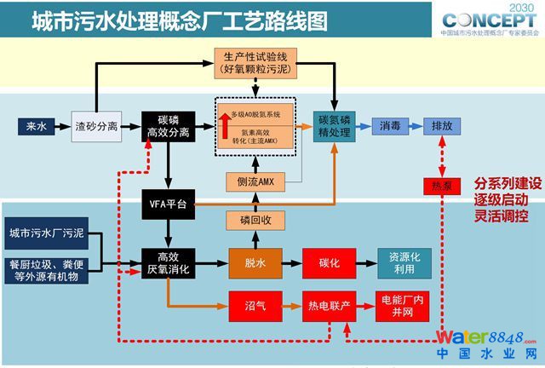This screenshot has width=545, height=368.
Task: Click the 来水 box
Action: click(x=36, y=128)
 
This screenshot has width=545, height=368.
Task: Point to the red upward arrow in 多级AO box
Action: click(x=225, y=124)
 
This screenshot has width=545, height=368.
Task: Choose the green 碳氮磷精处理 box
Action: click(x=335, y=127)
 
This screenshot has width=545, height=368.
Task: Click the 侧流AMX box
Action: click(x=255, y=181)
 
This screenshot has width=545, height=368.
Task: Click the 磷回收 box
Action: click(x=255, y=220)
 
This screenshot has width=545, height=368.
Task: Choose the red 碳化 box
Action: click(x=329, y=263)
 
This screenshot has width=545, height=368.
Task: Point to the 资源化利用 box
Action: click(x=405, y=263)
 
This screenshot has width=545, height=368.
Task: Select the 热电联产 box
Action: click(x=329, y=305)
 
